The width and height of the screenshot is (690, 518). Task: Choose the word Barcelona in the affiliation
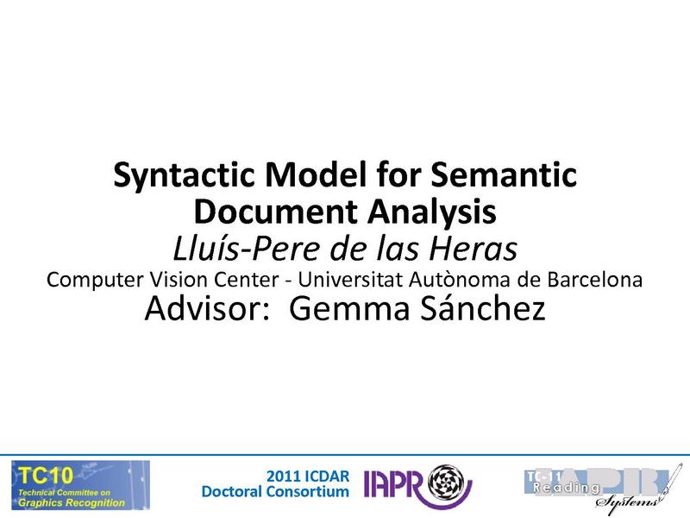[593, 281]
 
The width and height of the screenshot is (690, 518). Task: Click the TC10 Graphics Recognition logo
[80, 485]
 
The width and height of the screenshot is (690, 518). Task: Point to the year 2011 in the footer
[285, 476]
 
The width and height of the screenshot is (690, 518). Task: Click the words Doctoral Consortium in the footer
[274, 491]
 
